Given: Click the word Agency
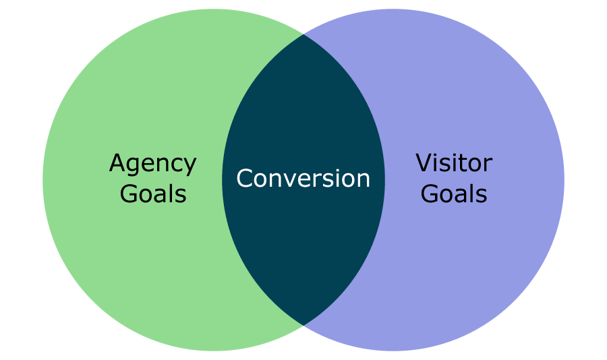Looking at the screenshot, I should point(152,164).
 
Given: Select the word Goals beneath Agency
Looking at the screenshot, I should point(152,194).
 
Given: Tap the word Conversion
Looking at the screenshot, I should point(303,179).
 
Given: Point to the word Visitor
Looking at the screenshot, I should point(453,163).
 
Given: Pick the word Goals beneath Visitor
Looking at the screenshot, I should point(453,194).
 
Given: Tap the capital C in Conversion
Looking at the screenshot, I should point(245,179).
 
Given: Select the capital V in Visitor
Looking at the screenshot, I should point(424,163).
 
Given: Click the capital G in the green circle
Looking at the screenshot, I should point(128,194).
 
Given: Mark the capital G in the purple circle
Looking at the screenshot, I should point(429,194).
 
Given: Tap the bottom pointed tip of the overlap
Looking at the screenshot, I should point(303,324).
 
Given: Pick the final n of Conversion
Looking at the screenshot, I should point(363,181).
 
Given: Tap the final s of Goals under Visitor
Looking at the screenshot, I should point(481,196).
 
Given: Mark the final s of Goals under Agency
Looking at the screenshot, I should point(180,196).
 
